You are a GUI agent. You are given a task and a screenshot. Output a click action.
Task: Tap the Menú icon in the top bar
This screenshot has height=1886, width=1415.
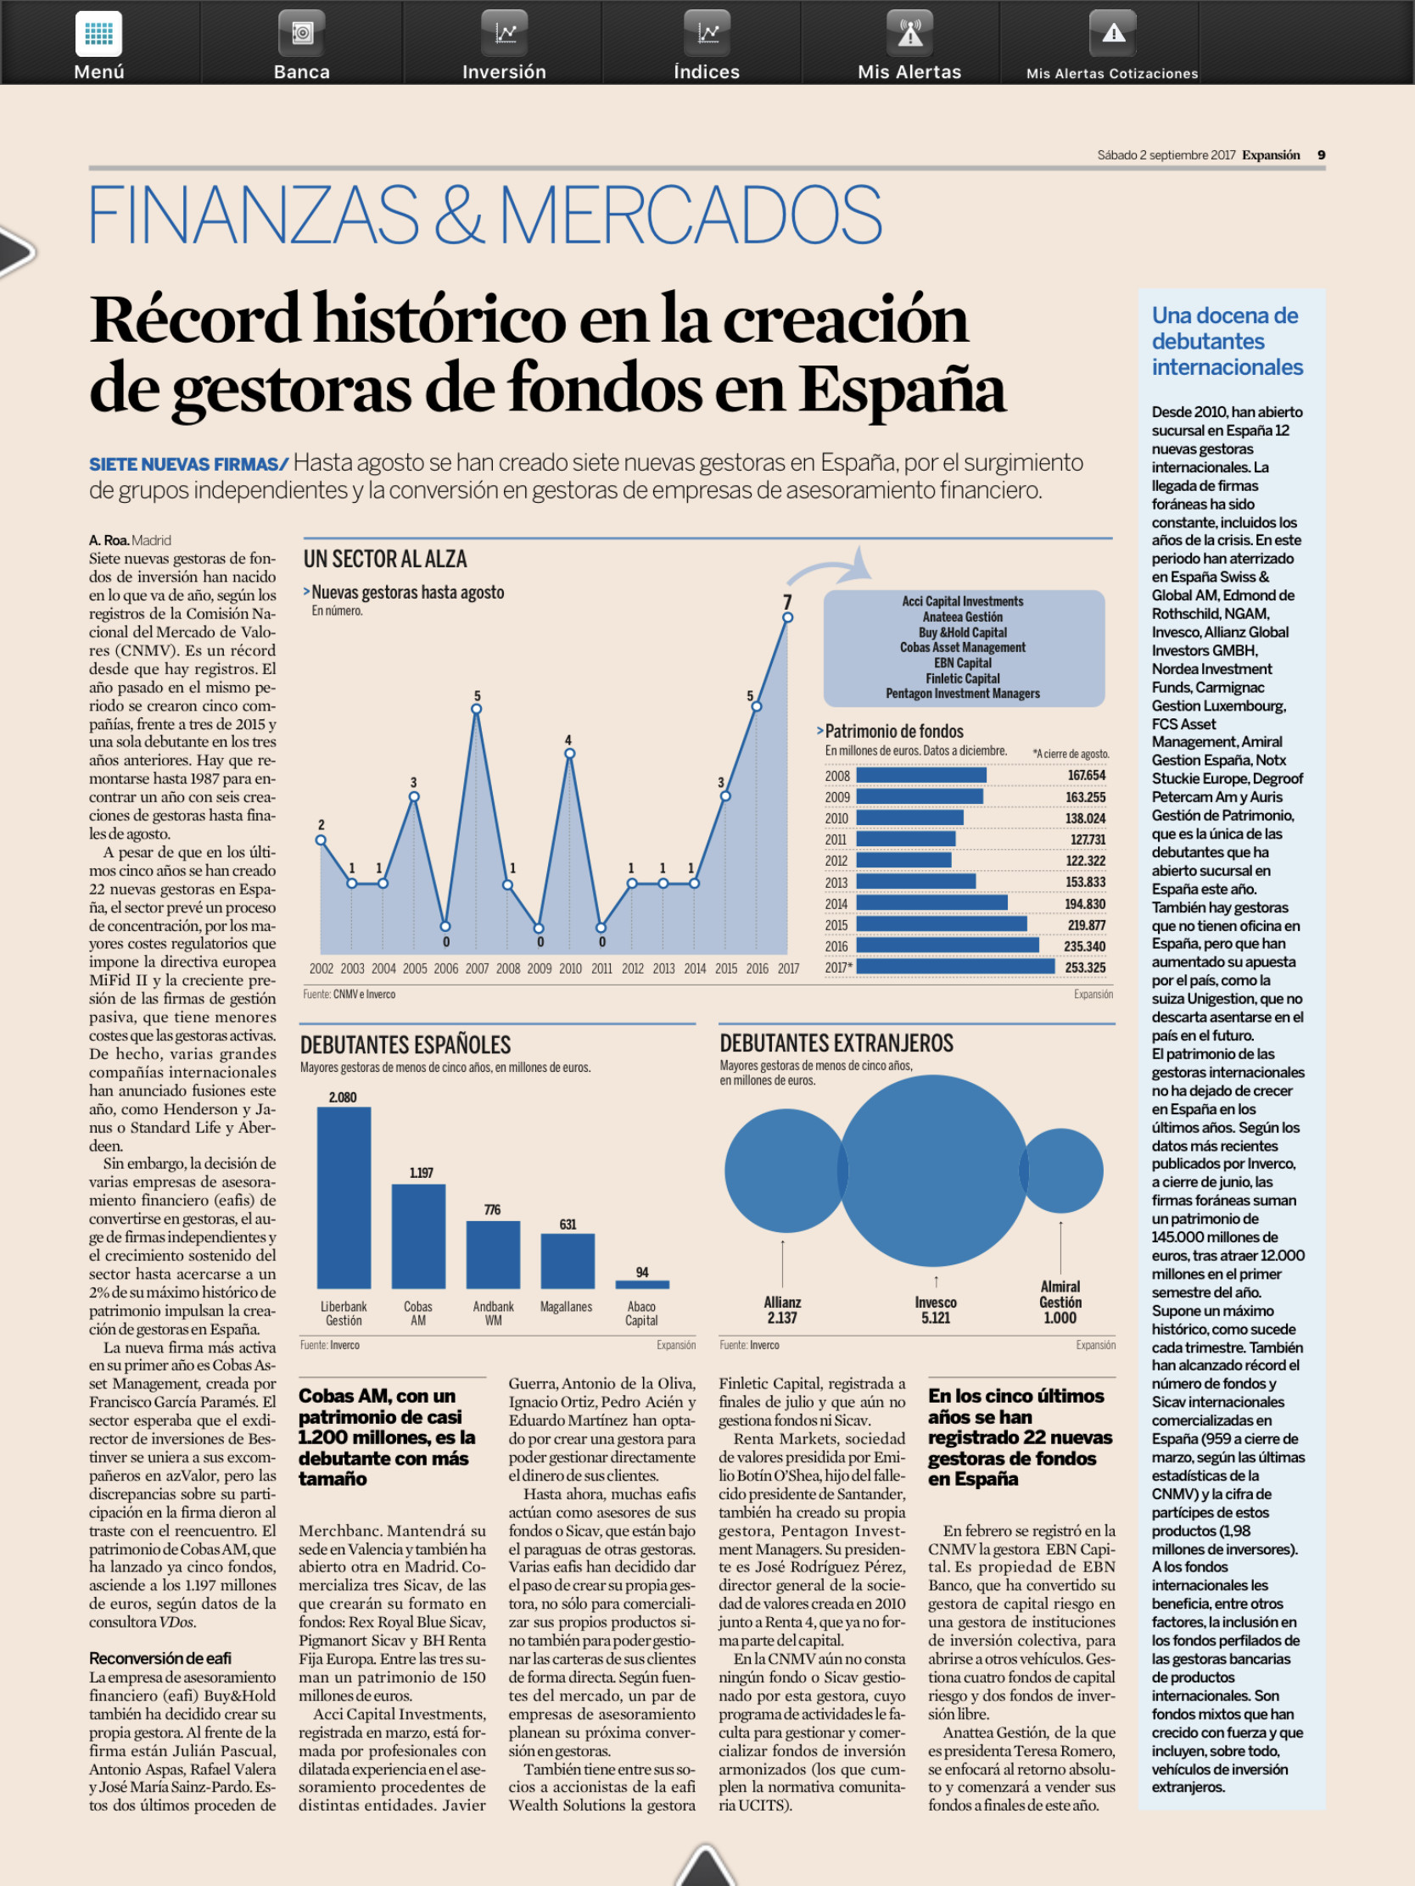point(99,34)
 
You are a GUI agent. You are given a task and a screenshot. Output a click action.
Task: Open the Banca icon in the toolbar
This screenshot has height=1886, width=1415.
point(302,33)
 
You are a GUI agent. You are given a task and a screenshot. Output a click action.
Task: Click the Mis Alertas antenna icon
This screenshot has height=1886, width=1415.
point(910,33)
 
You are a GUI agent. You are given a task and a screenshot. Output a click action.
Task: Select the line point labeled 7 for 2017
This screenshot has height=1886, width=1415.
point(787,617)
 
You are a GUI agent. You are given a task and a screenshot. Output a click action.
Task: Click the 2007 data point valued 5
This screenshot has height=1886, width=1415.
point(477,709)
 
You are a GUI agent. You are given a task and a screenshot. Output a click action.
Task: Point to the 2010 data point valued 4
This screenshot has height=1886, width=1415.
point(570,754)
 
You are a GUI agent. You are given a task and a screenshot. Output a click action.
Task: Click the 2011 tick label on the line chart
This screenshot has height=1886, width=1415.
point(601,968)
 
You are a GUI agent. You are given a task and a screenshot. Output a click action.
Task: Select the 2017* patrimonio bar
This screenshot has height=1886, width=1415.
point(955,967)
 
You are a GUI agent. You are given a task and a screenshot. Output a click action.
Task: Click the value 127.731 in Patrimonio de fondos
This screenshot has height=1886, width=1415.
point(1088,840)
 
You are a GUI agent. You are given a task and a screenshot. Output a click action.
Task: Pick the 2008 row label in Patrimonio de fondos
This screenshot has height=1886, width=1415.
point(836,776)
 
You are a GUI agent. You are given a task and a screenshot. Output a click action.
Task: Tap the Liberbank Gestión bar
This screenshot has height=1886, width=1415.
point(344,1197)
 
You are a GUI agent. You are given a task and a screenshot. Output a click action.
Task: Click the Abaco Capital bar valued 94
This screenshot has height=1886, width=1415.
point(642,1284)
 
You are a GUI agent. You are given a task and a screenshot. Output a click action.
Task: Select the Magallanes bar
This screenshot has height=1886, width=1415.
point(568,1261)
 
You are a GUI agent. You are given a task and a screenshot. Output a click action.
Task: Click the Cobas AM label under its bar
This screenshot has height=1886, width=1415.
point(418,1313)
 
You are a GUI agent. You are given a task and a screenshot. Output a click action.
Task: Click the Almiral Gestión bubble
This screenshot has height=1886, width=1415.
point(1062,1170)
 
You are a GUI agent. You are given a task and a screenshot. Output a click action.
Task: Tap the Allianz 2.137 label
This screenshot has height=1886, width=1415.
point(782,1309)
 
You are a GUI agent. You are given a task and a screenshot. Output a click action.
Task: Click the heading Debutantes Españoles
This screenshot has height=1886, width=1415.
point(405,1046)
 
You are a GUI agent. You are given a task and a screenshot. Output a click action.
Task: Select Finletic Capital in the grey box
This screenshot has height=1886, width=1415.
point(963,678)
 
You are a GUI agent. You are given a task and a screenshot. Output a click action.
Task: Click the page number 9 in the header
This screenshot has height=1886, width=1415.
point(1321,155)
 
